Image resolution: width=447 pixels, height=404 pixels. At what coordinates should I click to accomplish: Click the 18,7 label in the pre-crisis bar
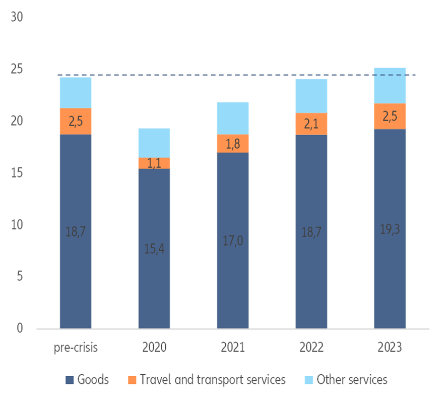(76, 232)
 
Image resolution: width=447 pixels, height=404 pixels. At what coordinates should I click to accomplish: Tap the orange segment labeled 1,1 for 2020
(154, 163)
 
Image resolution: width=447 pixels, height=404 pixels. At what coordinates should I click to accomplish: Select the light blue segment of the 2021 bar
(233, 118)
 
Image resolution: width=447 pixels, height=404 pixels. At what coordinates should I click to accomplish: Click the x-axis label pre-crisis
(75, 348)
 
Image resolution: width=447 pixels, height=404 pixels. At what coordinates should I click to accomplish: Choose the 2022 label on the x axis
(311, 348)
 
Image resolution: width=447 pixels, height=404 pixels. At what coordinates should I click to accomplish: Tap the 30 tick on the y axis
(17, 17)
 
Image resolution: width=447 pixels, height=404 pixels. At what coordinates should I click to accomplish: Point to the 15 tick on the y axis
(17, 173)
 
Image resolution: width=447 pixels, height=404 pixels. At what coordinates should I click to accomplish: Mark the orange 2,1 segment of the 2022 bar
(311, 124)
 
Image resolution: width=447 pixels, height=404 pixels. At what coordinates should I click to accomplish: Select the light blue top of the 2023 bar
(390, 86)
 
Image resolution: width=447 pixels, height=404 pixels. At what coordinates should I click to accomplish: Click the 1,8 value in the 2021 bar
(233, 143)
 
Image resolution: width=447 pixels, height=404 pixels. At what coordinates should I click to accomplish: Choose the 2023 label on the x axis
(390, 348)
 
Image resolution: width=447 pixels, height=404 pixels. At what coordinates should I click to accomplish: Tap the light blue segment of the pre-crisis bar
(76, 92)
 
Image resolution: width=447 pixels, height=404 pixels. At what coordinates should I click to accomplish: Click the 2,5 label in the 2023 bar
(390, 116)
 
